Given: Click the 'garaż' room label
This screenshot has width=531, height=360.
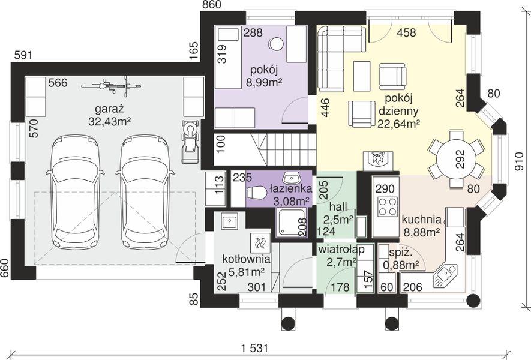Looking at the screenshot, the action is [110, 110].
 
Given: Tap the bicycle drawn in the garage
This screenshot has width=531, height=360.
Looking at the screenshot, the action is [111, 85].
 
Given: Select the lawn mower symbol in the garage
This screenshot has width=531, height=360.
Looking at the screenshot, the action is [191, 142].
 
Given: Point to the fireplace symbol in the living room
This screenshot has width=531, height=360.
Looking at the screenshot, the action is [378, 160].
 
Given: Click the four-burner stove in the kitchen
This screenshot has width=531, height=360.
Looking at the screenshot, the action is [386, 206].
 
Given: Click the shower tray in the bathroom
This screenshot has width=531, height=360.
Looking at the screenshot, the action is [291, 221].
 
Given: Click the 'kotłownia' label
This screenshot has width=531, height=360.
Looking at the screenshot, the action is [246, 259].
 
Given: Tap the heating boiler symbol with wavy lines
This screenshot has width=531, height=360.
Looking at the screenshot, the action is [260, 243].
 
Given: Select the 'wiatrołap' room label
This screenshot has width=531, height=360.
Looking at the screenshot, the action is [341, 250].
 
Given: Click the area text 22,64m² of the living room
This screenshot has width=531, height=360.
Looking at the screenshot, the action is [398, 124].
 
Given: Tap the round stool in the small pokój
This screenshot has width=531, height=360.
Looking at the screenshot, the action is [277, 44].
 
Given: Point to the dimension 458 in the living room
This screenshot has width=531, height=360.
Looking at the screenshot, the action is [406, 32].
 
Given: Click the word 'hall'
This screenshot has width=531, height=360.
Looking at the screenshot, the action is [338, 206].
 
